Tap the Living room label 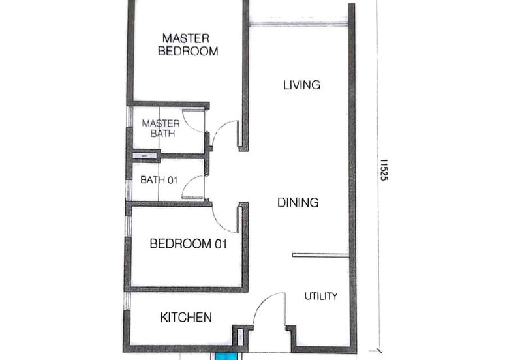[x=301, y=85]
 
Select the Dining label [x=298, y=202]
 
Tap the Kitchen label [x=186, y=318]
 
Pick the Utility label [x=321, y=296]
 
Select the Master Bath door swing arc [x=194, y=119]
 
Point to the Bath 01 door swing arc [x=194, y=187]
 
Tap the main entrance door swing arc [x=268, y=310]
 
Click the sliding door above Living [x=298, y=25]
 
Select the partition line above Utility [x=320, y=255]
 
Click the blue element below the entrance [x=228, y=356]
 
